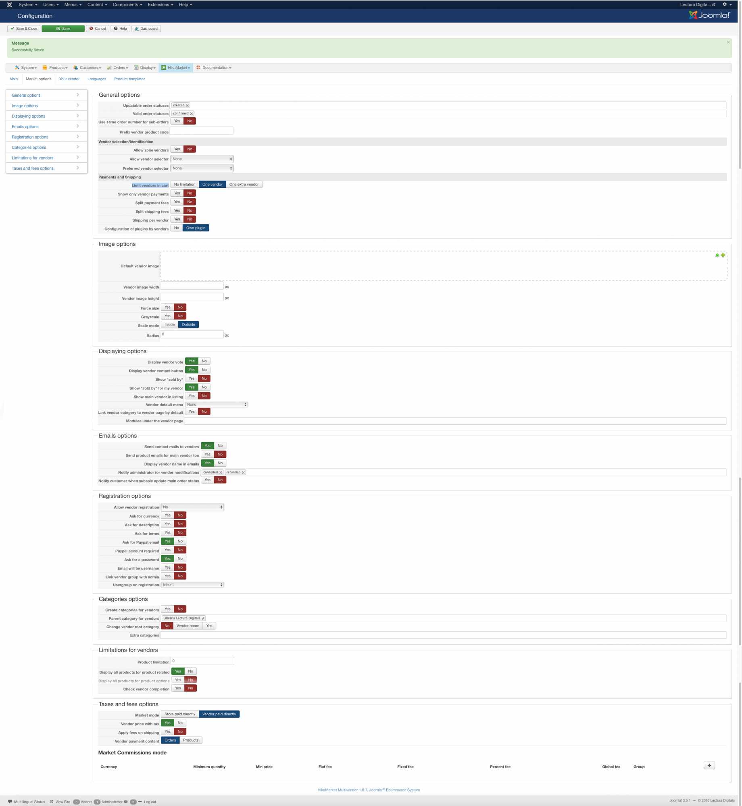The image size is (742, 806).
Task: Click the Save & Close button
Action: click(x=24, y=29)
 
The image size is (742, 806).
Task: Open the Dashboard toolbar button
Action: click(x=146, y=29)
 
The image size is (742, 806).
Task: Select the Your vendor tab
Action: click(x=69, y=79)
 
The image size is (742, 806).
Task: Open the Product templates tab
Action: click(x=129, y=79)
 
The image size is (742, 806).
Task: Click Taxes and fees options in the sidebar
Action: click(x=33, y=168)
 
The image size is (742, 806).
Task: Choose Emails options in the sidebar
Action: click(x=25, y=127)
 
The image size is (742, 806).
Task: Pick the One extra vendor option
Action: click(x=244, y=185)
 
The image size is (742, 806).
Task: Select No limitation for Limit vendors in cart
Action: click(x=184, y=185)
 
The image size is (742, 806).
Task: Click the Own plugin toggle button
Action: click(x=196, y=228)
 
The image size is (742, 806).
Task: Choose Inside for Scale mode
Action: click(x=169, y=325)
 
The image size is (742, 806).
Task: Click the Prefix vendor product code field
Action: click(x=201, y=131)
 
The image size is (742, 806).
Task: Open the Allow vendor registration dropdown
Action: click(x=192, y=507)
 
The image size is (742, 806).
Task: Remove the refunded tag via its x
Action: click(x=243, y=473)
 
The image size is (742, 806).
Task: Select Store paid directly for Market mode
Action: click(x=179, y=715)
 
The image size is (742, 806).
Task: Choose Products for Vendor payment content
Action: click(x=191, y=741)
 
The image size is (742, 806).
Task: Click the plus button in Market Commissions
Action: click(x=709, y=766)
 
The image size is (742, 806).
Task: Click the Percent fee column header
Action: click(x=500, y=767)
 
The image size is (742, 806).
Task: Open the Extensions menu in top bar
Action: click(x=160, y=5)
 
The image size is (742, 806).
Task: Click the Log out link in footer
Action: click(x=150, y=802)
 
